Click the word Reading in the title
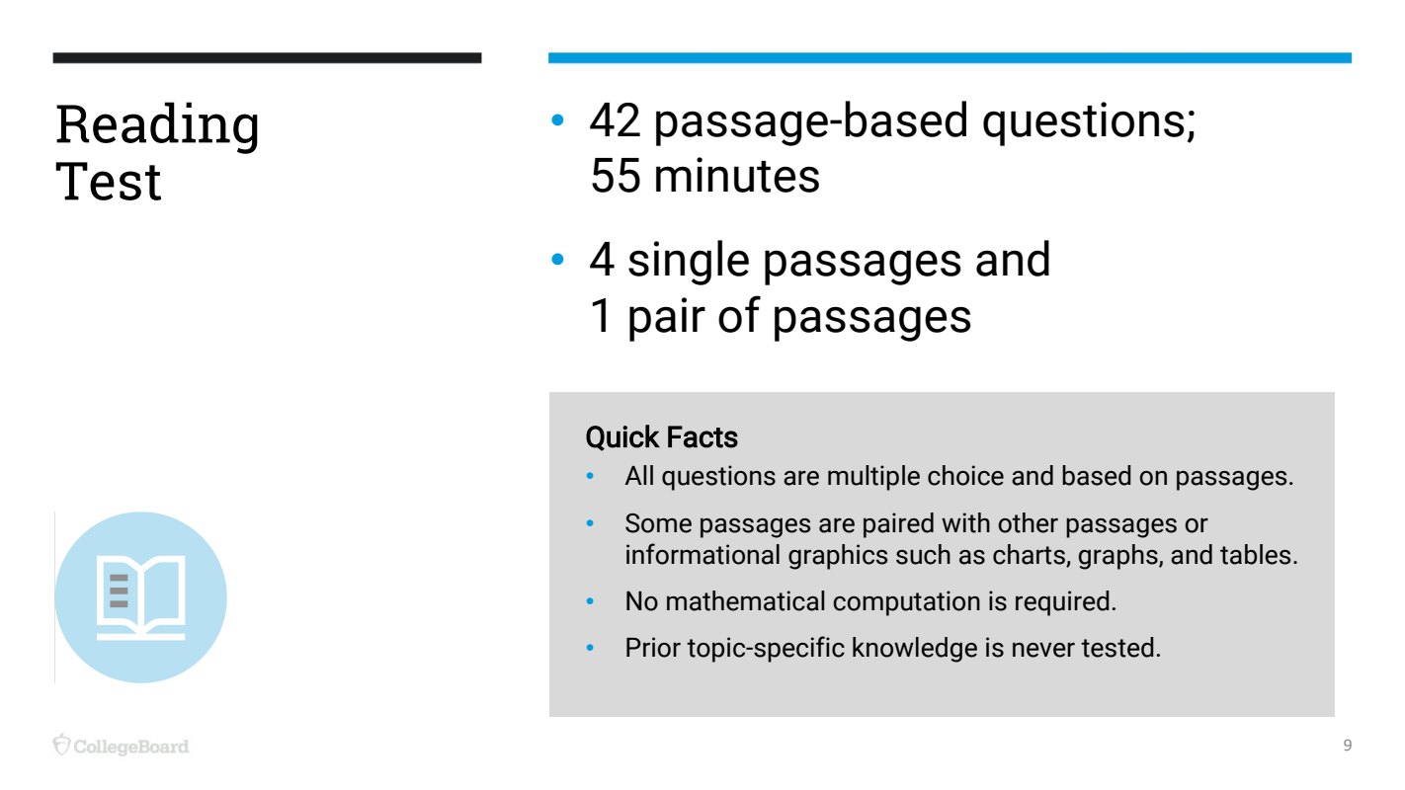pos(157,125)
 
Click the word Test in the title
pos(108,181)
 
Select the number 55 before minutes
pos(616,176)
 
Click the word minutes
pos(737,176)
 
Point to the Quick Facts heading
pos(661,437)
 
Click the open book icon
pos(140,597)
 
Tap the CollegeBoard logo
pos(121,745)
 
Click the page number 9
pos(1348,745)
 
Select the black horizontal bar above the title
pos(267,57)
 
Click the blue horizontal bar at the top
pos(950,57)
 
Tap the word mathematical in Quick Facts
pos(745,601)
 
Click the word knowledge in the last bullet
pos(914,648)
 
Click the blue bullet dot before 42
pos(557,119)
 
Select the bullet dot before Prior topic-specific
pos(590,648)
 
